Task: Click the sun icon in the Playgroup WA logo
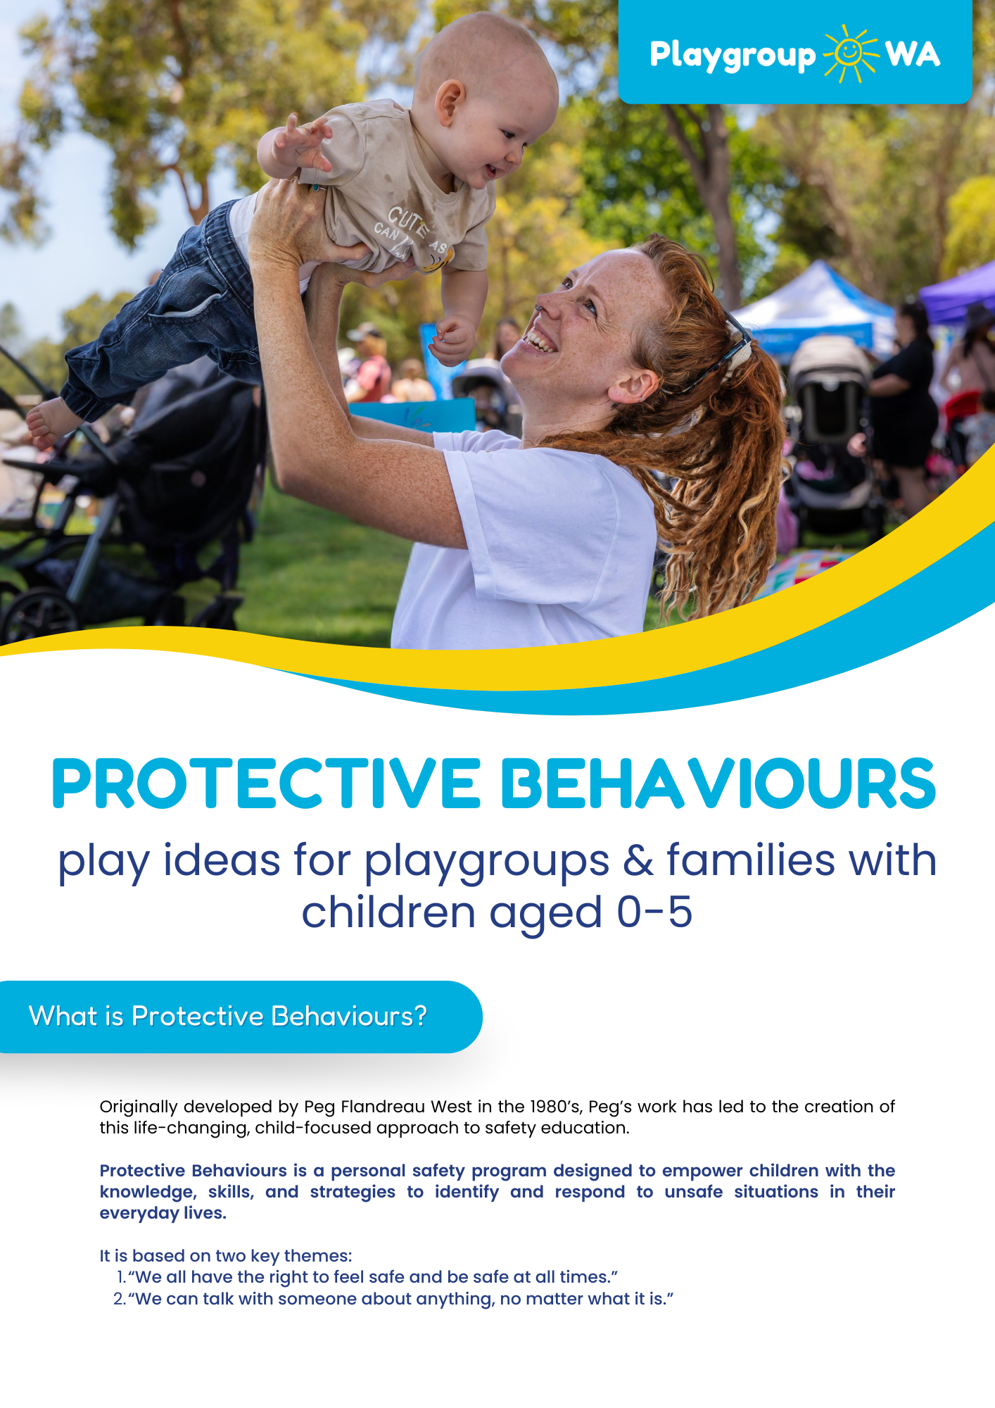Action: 851,54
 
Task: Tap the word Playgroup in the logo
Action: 733,56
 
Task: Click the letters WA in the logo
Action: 913,54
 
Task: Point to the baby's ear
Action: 450,102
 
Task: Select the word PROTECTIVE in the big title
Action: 267,784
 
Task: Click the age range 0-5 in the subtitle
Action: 654,912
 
